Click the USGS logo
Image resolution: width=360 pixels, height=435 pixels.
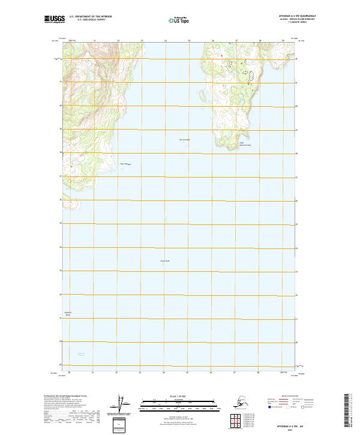pos(52,19)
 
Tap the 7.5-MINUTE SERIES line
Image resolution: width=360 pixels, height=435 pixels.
pos(294,23)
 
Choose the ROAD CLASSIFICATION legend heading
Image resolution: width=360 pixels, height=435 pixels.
pos(286,397)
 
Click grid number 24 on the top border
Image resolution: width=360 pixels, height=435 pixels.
pos(166,41)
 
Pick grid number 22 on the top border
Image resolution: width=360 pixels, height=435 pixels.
pos(118,41)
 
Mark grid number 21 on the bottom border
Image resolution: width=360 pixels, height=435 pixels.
pos(93,373)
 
